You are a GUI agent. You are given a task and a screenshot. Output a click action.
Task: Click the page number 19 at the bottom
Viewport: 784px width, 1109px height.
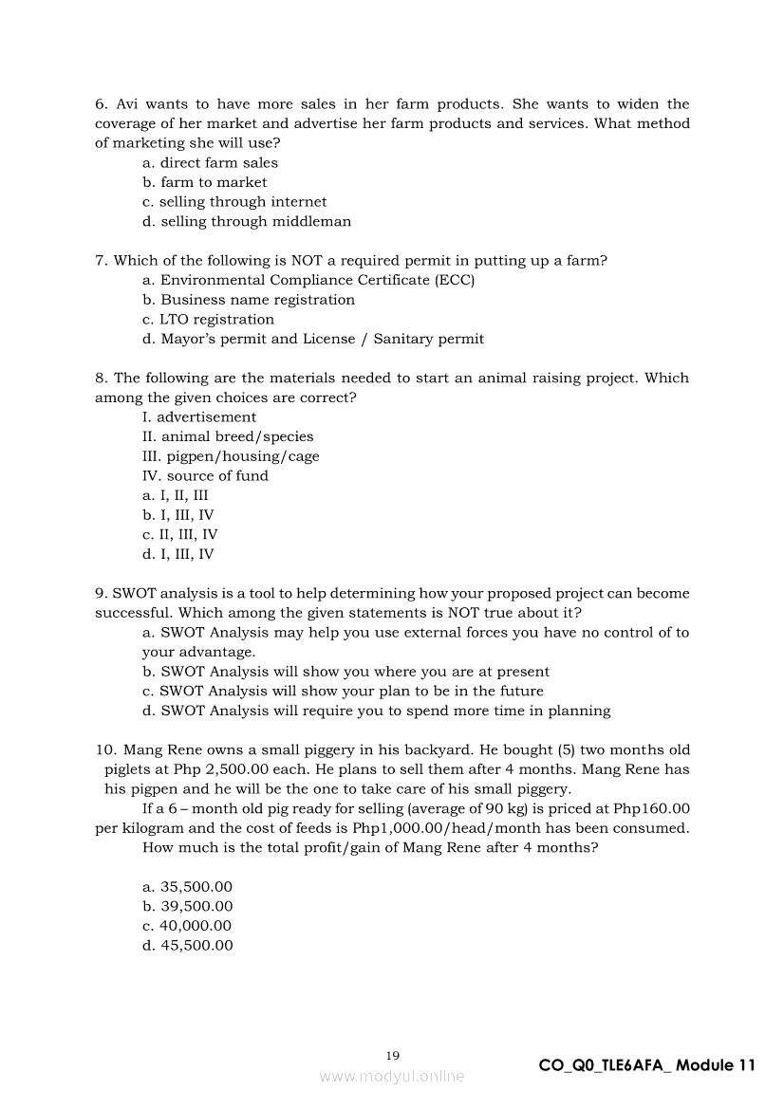click(x=393, y=1055)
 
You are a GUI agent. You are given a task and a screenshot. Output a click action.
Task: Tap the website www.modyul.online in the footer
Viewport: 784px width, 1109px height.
click(x=392, y=1077)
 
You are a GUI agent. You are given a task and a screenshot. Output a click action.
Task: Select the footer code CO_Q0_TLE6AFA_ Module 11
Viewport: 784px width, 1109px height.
click(x=646, y=1065)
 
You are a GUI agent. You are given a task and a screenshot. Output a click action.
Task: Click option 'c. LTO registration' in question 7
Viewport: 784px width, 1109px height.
click(x=208, y=320)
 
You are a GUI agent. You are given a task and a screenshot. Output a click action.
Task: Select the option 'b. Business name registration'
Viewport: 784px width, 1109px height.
click(x=249, y=300)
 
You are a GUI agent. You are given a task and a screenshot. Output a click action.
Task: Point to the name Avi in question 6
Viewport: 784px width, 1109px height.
click(x=127, y=104)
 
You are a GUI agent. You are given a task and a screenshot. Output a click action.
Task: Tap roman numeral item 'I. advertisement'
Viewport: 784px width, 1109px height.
click(x=199, y=417)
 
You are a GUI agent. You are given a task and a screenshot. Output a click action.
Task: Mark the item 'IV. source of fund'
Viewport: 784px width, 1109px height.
click(x=205, y=476)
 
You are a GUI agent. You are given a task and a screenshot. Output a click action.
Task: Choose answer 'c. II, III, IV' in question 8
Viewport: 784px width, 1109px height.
click(x=180, y=535)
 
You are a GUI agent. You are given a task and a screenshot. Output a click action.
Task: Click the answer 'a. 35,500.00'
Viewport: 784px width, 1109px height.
click(x=187, y=887)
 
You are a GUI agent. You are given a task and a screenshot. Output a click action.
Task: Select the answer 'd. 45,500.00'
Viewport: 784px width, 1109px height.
click(x=187, y=946)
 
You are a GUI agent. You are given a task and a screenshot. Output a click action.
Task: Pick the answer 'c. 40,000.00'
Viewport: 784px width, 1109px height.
click(x=187, y=926)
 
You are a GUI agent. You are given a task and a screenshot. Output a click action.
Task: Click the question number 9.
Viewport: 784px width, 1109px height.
click(x=101, y=594)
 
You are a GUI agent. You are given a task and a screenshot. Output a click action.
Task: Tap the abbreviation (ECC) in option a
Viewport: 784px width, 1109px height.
click(x=455, y=281)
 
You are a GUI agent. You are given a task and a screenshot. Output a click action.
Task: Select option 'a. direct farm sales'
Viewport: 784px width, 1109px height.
click(x=210, y=163)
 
